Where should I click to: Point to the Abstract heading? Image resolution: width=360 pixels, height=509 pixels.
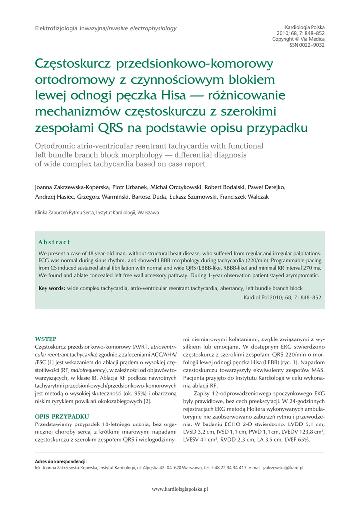tap(54, 242)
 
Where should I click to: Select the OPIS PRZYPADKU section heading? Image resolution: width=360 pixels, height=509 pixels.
tap(62, 416)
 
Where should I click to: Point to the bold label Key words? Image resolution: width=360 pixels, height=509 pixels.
tap(52, 288)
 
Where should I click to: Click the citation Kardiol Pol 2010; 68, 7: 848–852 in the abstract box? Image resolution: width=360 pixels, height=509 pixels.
tap(281, 297)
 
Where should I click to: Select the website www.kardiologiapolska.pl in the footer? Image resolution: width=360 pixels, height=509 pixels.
tap(180, 489)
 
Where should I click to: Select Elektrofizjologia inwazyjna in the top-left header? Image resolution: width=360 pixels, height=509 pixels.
tap(70, 29)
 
